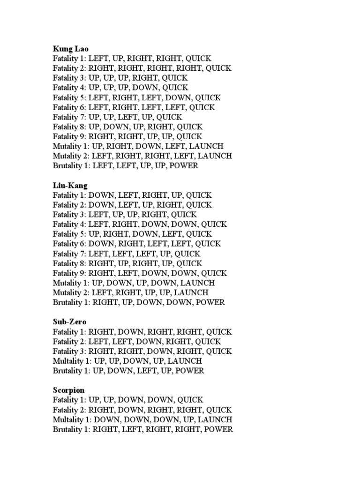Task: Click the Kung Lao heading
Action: point(71,48)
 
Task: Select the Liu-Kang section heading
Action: point(70,185)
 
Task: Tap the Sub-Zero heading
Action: point(70,322)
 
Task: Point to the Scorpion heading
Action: point(69,390)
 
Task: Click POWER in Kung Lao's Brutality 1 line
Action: point(185,165)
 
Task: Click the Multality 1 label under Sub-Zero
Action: point(71,361)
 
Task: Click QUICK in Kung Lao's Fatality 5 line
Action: point(208,97)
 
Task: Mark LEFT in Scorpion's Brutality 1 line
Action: point(132,429)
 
